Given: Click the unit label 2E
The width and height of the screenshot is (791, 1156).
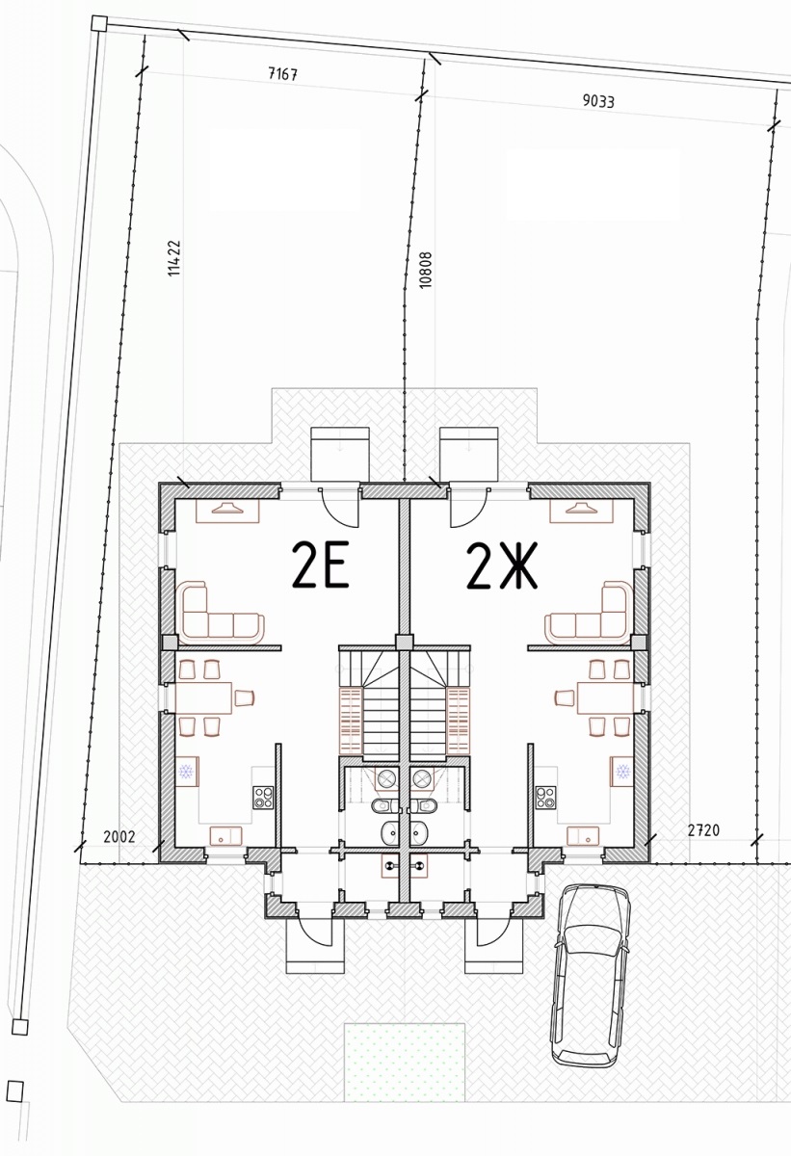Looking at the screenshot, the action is click(x=320, y=565).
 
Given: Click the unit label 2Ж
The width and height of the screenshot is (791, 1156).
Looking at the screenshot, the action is click(x=502, y=565).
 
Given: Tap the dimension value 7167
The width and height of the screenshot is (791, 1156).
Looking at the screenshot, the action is click(x=282, y=74).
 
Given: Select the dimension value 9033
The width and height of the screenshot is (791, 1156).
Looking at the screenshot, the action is click(x=598, y=100).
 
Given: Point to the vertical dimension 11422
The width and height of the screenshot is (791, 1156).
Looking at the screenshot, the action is click(x=175, y=257).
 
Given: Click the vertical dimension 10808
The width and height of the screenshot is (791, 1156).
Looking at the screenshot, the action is click(x=425, y=270).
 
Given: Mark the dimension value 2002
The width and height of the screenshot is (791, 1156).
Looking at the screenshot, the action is click(x=119, y=836).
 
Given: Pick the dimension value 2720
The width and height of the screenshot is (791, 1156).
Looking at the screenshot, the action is click(x=703, y=830).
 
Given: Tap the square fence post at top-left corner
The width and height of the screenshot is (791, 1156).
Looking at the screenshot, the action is click(x=99, y=23).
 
